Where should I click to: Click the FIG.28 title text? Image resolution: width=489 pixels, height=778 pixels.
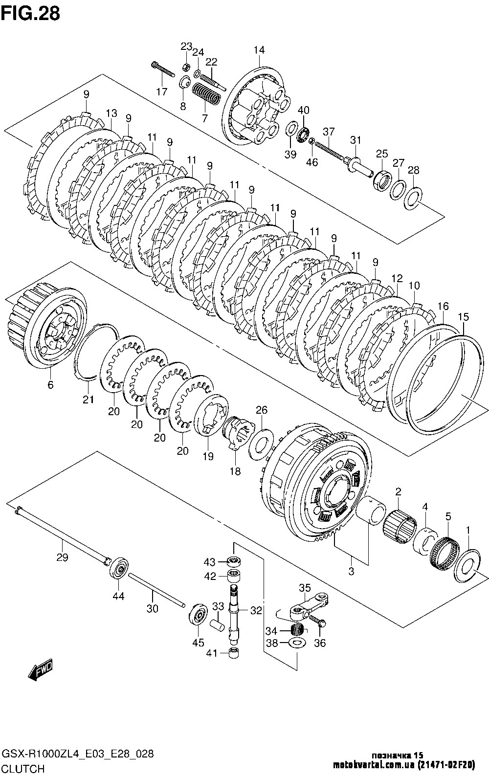pyautogui.click(x=30, y=13)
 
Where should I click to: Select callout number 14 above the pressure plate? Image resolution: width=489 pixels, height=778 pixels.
pyautogui.click(x=259, y=50)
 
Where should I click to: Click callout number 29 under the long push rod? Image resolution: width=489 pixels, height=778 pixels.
pyautogui.click(x=62, y=557)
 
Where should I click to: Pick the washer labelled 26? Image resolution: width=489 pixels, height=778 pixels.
pyautogui.click(x=261, y=443)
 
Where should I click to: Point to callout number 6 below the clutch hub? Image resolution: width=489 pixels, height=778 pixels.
pyautogui.click(x=50, y=385)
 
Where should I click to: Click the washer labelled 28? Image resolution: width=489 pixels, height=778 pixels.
pyautogui.click(x=414, y=198)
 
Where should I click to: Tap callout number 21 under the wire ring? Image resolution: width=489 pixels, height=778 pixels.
pyautogui.click(x=88, y=400)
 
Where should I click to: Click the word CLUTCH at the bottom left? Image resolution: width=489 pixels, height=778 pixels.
pyautogui.click(x=23, y=769)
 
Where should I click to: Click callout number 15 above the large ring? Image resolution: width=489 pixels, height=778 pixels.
pyautogui.click(x=462, y=317)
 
